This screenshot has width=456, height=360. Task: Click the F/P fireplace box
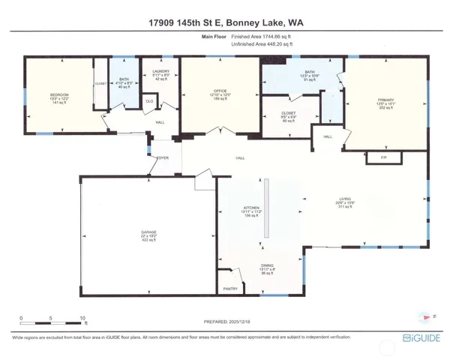tap(384, 158)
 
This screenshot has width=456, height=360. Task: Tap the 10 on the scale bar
tap(81, 317)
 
